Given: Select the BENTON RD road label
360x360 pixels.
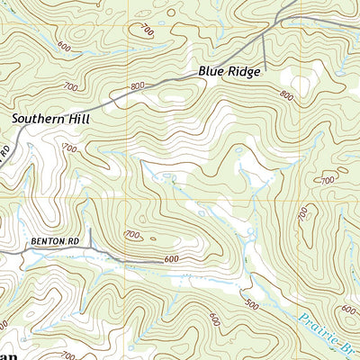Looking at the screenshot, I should tap(49, 241).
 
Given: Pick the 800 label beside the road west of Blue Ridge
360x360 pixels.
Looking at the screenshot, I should tap(136, 86).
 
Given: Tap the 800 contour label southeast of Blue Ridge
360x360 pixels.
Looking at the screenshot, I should tap(286, 94).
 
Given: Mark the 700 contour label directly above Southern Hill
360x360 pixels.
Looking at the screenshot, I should tap(71, 86).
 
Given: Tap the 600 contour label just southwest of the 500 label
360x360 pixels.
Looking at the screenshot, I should tap(214, 319).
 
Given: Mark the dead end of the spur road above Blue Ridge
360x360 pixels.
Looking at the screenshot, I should tap(264, 63).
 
